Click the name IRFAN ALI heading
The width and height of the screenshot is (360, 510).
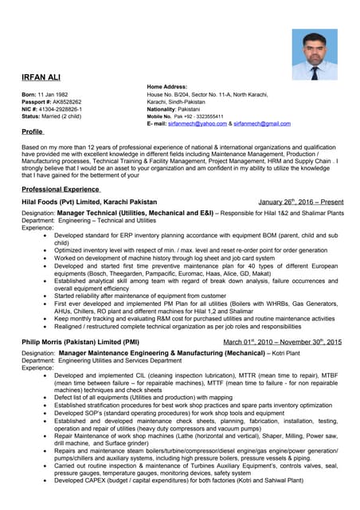[x=41, y=77]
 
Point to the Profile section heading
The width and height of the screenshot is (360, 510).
[x=33, y=131]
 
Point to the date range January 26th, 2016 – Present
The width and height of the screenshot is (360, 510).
[x=300, y=202]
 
